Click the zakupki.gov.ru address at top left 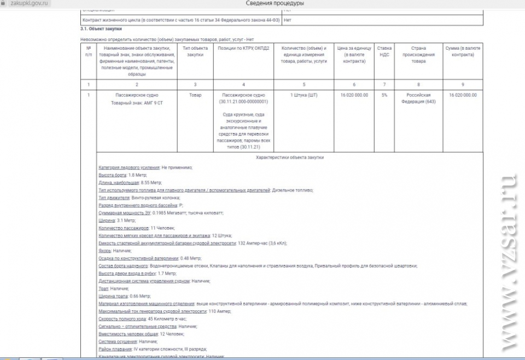coord(30,4)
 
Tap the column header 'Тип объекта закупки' coord(195,51)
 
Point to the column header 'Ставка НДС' coord(384,51)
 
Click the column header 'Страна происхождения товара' coord(418,55)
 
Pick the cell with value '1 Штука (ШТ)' coord(304,95)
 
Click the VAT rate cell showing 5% coord(384,95)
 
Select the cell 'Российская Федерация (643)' coord(418,98)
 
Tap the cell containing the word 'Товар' coord(195,95)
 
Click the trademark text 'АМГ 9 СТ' coord(153,103)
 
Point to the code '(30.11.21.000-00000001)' coord(243,102)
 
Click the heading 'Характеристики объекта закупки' coord(290,158)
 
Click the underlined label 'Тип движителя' coord(114,198)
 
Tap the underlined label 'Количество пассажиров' coord(124,228)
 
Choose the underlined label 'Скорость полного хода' coord(122,318)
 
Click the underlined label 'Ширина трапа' coord(114,296)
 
